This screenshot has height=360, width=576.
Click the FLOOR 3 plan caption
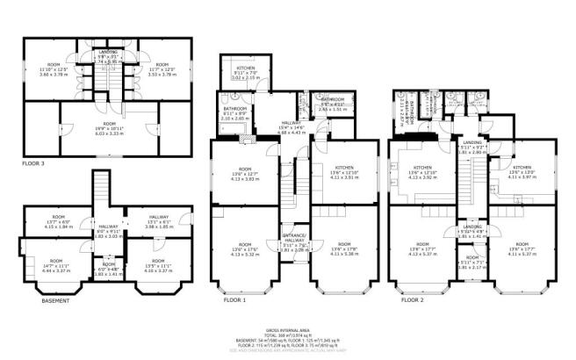33,163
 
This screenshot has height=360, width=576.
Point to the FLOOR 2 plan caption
415,299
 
